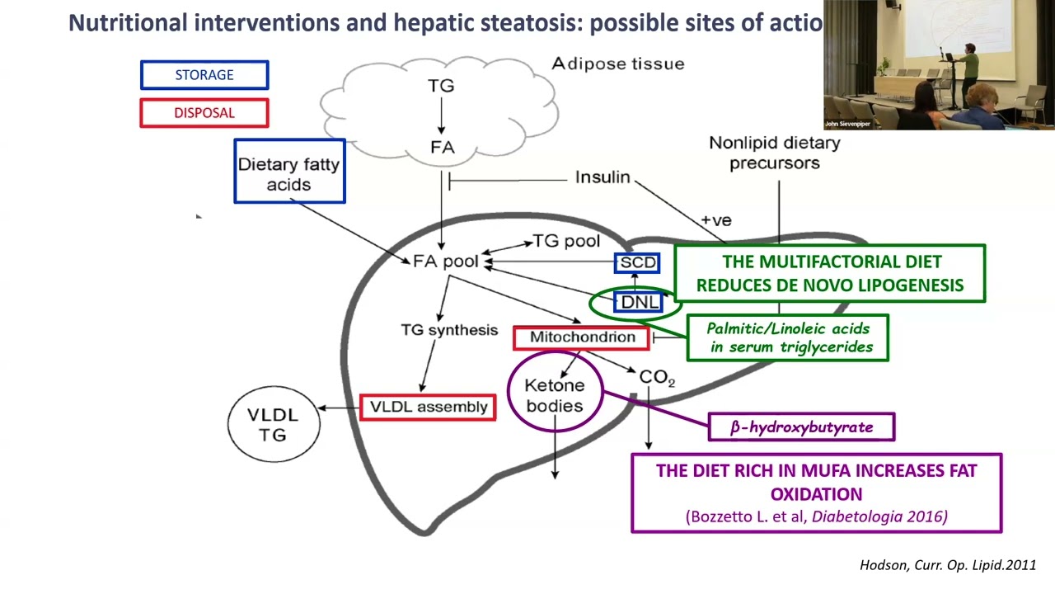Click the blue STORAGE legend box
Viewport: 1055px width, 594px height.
(x=204, y=75)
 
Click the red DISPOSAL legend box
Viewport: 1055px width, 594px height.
(x=204, y=113)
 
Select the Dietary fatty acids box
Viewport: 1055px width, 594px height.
(x=289, y=172)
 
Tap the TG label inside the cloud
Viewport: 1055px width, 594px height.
(x=441, y=86)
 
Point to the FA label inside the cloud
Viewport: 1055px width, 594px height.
(x=442, y=148)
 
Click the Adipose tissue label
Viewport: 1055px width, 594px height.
(x=617, y=64)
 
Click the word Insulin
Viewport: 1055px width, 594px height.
(x=603, y=177)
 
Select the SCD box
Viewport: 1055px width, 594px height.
(x=637, y=263)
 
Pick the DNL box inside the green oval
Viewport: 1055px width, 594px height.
(x=639, y=303)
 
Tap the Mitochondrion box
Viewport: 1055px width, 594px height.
(x=582, y=337)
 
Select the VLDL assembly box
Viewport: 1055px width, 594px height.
(x=428, y=408)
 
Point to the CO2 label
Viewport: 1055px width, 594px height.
(x=657, y=377)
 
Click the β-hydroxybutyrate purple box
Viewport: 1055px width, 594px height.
(x=801, y=427)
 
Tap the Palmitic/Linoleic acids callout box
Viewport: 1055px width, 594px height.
(x=788, y=338)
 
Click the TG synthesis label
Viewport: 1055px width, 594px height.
(x=449, y=330)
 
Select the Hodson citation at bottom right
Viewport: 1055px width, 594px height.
(x=947, y=565)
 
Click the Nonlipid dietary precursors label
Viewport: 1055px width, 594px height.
(x=774, y=153)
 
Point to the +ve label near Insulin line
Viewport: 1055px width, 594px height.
(x=715, y=220)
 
